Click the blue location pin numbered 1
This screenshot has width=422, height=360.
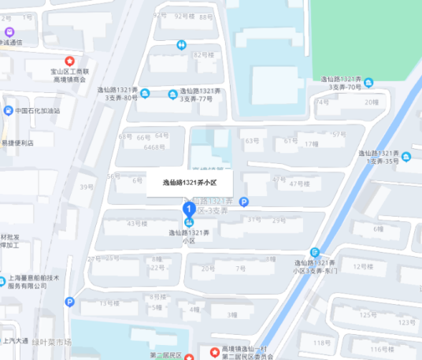point(189,210)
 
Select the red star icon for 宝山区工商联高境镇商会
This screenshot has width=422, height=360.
point(69,61)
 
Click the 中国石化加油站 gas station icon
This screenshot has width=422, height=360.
point(8,110)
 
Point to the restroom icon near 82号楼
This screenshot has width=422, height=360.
point(181,45)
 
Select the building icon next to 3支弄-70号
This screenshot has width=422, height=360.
point(368,83)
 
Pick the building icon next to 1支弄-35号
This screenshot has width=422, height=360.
point(406,158)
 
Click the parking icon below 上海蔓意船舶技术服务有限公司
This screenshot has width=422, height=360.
point(70,301)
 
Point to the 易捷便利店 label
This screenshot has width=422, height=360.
point(17,143)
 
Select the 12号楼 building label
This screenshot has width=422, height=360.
point(365,266)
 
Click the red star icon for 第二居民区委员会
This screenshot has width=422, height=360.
point(213,351)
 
